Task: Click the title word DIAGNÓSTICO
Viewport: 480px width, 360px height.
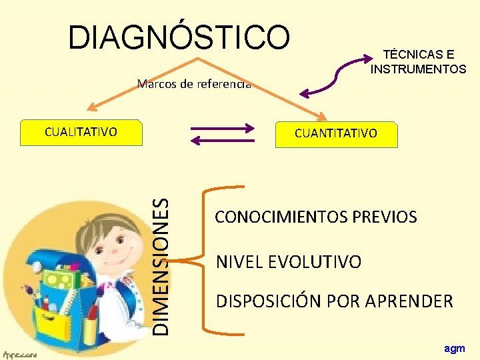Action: (179, 37)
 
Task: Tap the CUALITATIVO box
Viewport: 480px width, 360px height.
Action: (81, 132)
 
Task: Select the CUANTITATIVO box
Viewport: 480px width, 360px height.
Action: (336, 133)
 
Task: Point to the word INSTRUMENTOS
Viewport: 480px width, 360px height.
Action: (419, 69)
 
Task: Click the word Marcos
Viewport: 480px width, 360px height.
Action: (153, 84)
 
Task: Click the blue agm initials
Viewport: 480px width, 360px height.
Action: (455, 348)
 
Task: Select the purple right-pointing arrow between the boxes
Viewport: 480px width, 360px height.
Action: (223, 127)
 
